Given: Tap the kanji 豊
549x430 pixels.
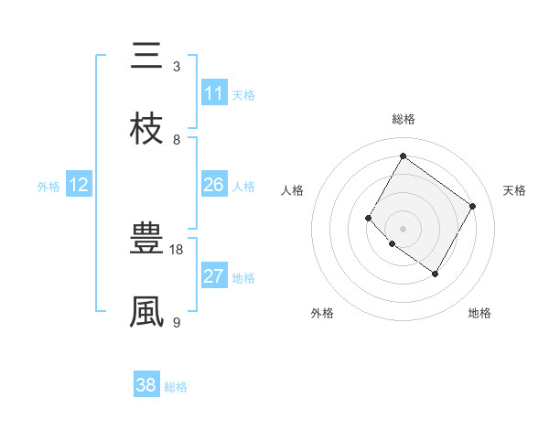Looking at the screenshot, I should tap(147, 241).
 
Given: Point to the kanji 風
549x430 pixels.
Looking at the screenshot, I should tap(147, 312).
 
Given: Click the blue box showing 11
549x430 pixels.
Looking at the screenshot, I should tap(214, 93).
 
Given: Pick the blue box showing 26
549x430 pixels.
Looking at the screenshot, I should tap(214, 185).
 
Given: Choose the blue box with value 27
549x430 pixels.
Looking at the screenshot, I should tap(214, 276).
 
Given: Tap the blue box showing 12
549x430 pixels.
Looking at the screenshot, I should tap(79, 185).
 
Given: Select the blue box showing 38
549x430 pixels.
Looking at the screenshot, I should tap(146, 385).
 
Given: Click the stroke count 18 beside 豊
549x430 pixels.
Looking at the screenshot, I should tap(177, 249).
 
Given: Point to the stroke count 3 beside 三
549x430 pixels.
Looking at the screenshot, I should tap(177, 66).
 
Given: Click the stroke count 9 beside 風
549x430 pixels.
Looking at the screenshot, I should tap(177, 321).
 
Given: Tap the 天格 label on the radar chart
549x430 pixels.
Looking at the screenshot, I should tap(514, 190).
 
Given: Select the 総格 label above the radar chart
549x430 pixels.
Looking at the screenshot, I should tap(403, 119).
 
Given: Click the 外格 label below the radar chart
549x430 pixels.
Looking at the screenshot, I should tap(322, 313).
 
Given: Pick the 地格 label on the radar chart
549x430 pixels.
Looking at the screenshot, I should tap(479, 313).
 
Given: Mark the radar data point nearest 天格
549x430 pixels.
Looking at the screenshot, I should tap(472, 206).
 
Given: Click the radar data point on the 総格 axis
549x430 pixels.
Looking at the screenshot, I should tap(403, 156).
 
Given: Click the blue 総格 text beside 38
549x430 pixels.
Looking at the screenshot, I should tap(176, 387).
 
